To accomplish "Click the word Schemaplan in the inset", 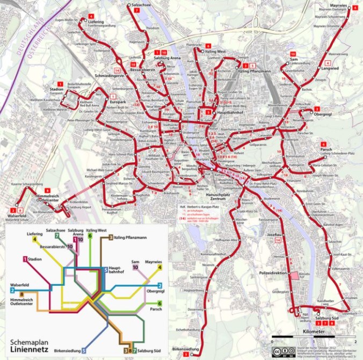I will (28, 341).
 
